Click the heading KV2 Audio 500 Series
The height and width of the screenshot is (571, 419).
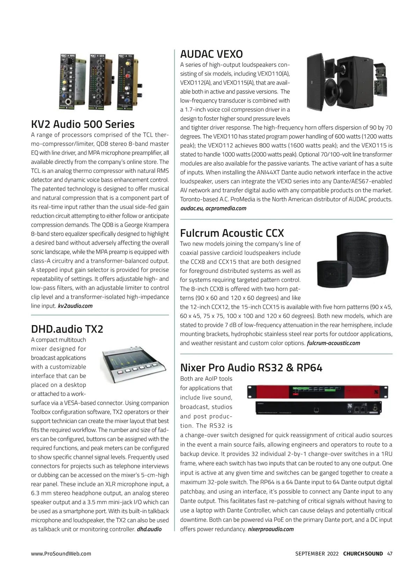click(x=83, y=124)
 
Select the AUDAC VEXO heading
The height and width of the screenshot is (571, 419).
click(x=211, y=54)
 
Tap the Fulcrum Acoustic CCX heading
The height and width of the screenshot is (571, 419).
click(x=232, y=233)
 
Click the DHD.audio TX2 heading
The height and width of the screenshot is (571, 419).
click(x=67, y=329)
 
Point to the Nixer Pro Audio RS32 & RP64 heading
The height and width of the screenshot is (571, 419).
click(x=251, y=367)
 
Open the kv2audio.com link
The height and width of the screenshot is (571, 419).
click(x=75, y=306)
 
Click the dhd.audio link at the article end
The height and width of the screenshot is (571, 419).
click(x=149, y=529)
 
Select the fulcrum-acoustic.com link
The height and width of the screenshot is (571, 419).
click(x=333, y=343)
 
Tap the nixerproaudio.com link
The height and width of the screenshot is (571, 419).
click(x=271, y=529)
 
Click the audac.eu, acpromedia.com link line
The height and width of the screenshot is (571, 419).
click(x=213, y=208)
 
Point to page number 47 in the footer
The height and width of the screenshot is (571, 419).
click(x=390, y=554)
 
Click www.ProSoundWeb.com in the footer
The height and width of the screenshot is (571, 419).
click(x=61, y=554)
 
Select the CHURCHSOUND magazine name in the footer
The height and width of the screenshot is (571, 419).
click(x=363, y=554)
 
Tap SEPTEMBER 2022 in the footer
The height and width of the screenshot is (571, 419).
click(x=317, y=554)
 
